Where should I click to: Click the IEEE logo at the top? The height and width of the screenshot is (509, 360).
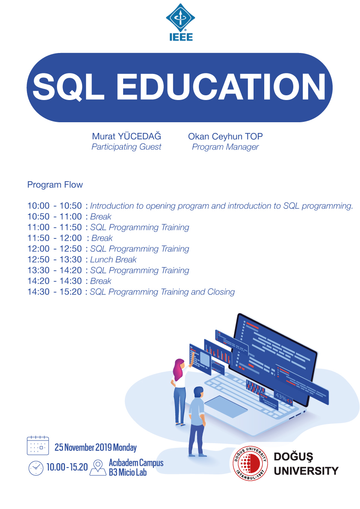click(x=180, y=21)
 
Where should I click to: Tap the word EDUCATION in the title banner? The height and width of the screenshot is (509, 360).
click(x=221, y=87)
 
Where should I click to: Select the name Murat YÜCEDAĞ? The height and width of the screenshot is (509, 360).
click(x=127, y=137)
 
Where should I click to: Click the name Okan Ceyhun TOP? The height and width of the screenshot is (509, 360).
click(x=225, y=137)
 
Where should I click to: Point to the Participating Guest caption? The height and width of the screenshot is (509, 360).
click(x=127, y=147)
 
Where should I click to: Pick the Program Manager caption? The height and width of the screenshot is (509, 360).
click(x=225, y=147)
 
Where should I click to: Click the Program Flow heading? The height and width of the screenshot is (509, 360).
click(x=55, y=185)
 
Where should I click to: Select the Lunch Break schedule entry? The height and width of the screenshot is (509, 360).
click(x=113, y=260)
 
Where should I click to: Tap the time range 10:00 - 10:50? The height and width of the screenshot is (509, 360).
click(x=55, y=206)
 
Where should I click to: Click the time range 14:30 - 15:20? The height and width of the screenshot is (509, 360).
click(x=55, y=292)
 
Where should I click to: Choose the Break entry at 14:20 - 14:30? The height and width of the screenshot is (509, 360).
click(x=101, y=281)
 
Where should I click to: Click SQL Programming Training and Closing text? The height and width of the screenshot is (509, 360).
click(x=162, y=292)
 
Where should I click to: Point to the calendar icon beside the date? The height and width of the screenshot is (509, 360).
click(x=38, y=446)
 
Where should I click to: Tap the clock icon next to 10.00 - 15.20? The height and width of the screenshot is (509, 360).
click(x=36, y=468)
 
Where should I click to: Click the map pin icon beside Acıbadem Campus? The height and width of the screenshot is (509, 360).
click(x=98, y=467)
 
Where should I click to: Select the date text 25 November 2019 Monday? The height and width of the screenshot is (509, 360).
click(x=96, y=447)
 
